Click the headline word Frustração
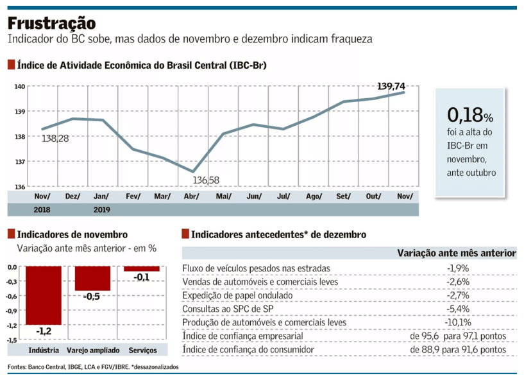(x=52, y=23)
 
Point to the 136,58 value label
(x=207, y=180)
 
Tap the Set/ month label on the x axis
(x=343, y=196)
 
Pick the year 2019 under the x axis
(x=102, y=209)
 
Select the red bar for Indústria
(x=44, y=295)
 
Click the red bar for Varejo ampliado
(x=92, y=279)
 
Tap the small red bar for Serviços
(x=142, y=268)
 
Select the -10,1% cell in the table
(x=458, y=322)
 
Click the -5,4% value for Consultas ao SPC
(x=458, y=309)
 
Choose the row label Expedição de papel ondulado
(x=237, y=295)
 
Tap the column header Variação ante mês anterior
(x=457, y=254)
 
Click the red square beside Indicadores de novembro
(x=12, y=235)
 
